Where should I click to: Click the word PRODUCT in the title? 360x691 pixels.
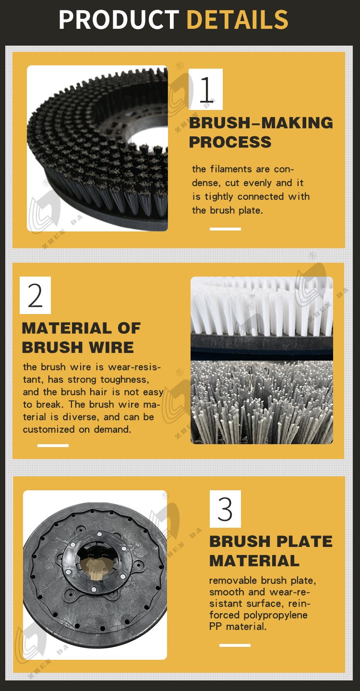119,19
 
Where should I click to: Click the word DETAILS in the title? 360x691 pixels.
238,19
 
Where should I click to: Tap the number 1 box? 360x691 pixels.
205,89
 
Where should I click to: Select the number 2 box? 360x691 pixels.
35,295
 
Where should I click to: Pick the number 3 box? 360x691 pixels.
225,509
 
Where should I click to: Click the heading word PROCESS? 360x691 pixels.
230,142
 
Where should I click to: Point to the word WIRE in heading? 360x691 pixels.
111,347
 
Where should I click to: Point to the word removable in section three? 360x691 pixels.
233,580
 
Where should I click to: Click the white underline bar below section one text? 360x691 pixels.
225,229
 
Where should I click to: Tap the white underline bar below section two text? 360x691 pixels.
53,446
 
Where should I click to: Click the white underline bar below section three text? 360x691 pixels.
235,645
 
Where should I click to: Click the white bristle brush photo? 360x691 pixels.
262,318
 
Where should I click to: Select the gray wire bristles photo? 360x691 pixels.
262,402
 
